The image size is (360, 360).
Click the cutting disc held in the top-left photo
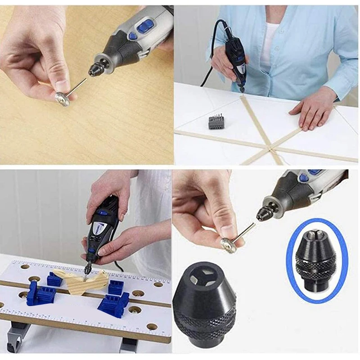(x=62, y=98)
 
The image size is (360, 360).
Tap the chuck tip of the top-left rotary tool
(x=96, y=71)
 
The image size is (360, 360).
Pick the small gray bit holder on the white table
(x=216, y=122)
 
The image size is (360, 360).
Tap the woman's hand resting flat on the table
(x=310, y=112)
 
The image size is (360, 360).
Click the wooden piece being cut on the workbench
(x=90, y=281)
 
